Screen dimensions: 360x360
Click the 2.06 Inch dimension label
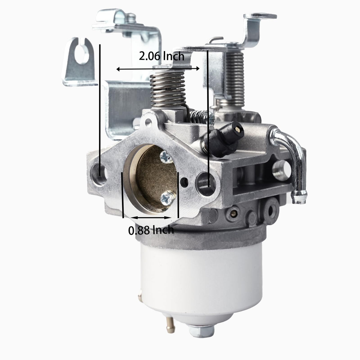pos(162,56)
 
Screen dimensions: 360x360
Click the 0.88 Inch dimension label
pos(151,230)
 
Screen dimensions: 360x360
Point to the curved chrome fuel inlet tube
pos(291,164)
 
